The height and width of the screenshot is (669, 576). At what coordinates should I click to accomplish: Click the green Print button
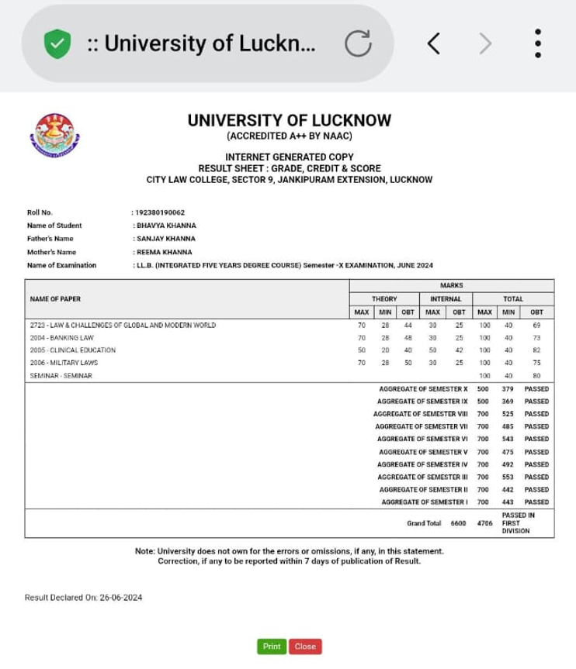coord(271,647)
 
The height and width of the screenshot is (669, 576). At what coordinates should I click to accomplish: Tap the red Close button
coord(305,647)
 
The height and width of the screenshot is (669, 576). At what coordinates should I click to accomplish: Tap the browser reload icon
coord(358,43)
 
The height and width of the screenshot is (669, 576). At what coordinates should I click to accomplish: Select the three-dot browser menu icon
coord(537,43)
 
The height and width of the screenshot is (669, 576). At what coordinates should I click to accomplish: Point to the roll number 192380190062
coord(161,212)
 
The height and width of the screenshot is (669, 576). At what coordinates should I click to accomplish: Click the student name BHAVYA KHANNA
coord(165,226)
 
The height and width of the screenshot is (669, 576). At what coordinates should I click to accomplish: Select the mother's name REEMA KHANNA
coord(165,252)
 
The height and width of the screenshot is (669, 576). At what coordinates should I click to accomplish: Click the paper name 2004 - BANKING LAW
coord(61,338)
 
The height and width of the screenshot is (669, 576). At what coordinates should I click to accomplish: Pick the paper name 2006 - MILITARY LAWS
coord(64,363)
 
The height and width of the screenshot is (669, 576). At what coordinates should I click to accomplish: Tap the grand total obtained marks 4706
coord(485,523)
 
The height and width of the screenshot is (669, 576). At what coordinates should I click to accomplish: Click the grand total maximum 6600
coord(458,523)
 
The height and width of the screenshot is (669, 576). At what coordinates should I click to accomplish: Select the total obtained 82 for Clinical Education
coord(536,350)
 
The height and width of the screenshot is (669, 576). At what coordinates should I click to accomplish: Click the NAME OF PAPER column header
coord(55,298)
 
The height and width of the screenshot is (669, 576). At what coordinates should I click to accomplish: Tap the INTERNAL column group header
coord(446,298)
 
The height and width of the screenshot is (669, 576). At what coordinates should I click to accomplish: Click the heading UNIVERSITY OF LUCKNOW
coord(289,121)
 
